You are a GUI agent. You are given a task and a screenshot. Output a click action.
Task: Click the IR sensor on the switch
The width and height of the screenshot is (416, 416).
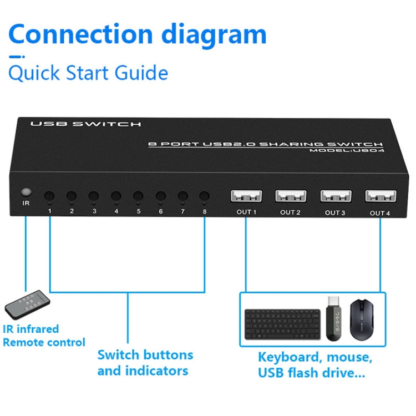click(x=25, y=194)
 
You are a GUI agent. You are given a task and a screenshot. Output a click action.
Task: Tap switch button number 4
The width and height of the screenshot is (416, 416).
click(x=116, y=196)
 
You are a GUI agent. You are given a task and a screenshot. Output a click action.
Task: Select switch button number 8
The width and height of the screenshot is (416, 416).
click(x=204, y=196)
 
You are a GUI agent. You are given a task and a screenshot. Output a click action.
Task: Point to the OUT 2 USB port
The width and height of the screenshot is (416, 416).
click(x=290, y=196)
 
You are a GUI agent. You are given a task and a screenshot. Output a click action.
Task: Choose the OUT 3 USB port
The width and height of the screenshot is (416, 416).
click(x=335, y=196)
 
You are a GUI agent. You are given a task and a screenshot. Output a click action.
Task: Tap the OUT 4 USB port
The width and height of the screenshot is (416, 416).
click(x=380, y=196)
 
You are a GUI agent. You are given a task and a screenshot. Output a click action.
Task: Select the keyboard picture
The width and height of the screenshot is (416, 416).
click(x=282, y=325)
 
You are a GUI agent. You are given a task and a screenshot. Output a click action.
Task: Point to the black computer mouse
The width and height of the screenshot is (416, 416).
click(x=363, y=319)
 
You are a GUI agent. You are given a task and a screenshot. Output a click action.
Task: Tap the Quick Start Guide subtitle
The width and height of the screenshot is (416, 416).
click(x=88, y=73)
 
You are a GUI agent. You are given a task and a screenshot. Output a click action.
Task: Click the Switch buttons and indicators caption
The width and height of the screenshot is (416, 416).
click(x=145, y=363)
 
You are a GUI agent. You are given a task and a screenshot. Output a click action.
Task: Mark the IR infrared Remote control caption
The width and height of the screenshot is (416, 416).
click(x=44, y=336)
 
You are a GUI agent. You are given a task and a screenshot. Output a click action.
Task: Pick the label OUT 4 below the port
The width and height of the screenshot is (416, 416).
click(x=380, y=213)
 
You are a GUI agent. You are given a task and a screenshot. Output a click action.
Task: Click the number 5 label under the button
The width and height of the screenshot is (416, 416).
click(x=138, y=211)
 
